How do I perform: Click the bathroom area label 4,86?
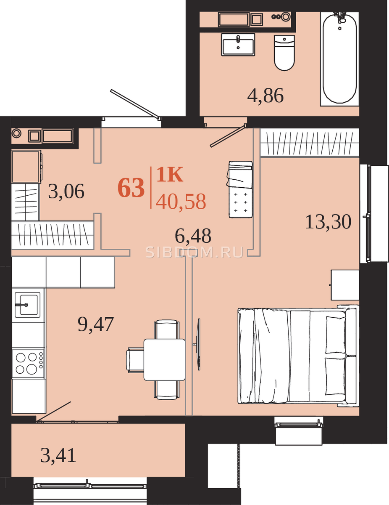[265, 96]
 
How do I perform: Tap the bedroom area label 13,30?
[328, 222]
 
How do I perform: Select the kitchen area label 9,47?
[95, 324]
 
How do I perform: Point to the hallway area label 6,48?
[193, 236]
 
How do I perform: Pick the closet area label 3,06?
[66, 191]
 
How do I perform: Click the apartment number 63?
[131, 188]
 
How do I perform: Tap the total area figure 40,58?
[181, 201]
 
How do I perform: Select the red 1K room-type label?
[170, 174]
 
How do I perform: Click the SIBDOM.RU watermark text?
[194, 252]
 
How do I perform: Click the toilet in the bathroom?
[284, 53]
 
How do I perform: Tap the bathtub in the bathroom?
[340, 58]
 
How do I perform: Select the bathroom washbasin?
[238, 44]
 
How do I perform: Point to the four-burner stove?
[28, 363]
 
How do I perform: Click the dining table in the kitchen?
[164, 360]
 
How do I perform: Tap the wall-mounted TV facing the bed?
[198, 344]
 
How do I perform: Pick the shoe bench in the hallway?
[240, 189]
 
